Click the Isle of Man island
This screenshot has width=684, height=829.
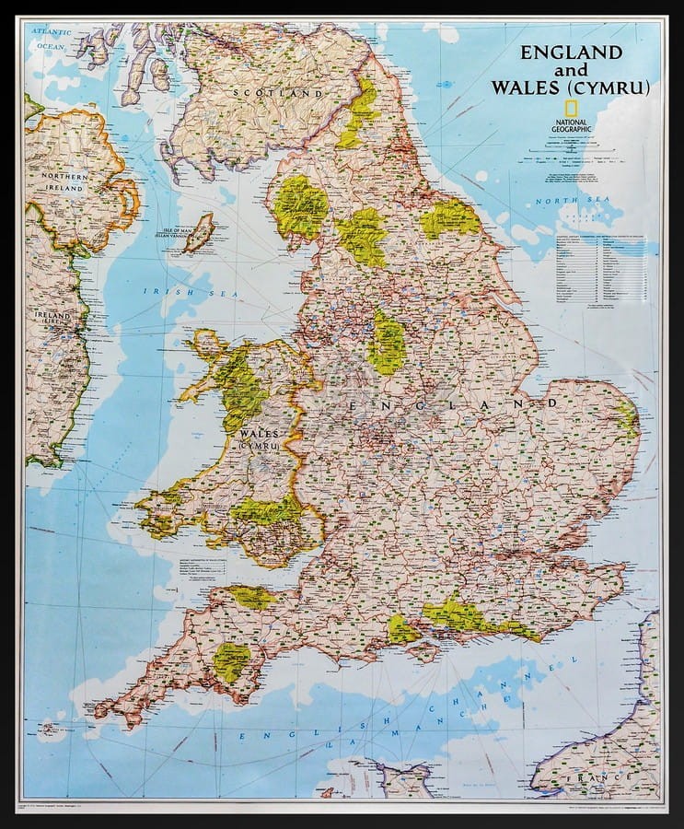pos(198,232)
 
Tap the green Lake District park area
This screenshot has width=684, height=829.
pos(300,206)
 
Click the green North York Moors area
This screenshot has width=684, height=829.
pos(450,219)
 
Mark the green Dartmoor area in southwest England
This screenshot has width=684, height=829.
pos(231,660)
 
